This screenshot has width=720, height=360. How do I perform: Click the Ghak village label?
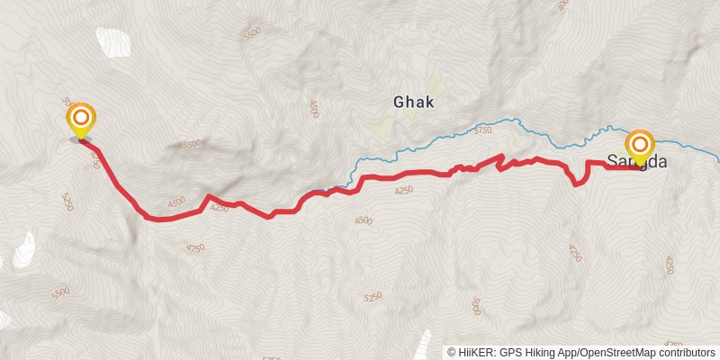pos(414,102)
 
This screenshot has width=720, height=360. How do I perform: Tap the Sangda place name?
pos(637,161)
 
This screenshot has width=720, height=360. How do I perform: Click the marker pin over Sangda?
pos(640,147)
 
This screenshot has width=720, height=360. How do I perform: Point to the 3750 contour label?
pos(483,130)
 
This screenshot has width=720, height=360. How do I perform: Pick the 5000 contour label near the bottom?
pos(476,306)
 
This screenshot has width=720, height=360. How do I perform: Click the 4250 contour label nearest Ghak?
pos(404,190)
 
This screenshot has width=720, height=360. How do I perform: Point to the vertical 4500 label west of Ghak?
pos(314,110)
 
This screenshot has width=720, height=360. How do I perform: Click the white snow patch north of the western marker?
pos(112,41)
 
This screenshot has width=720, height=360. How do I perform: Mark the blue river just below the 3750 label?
pos(486,142)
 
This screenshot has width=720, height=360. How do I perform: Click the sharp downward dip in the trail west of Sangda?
pos(576,183)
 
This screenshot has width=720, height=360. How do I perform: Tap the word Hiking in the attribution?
pos(544,352)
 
